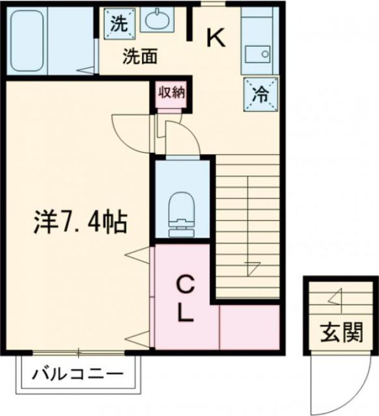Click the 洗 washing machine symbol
(x=119, y=23)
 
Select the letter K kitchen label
(x=216, y=40)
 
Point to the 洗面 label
(x=140, y=57)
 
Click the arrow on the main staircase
(x=251, y=265)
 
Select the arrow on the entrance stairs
(x=335, y=298)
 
